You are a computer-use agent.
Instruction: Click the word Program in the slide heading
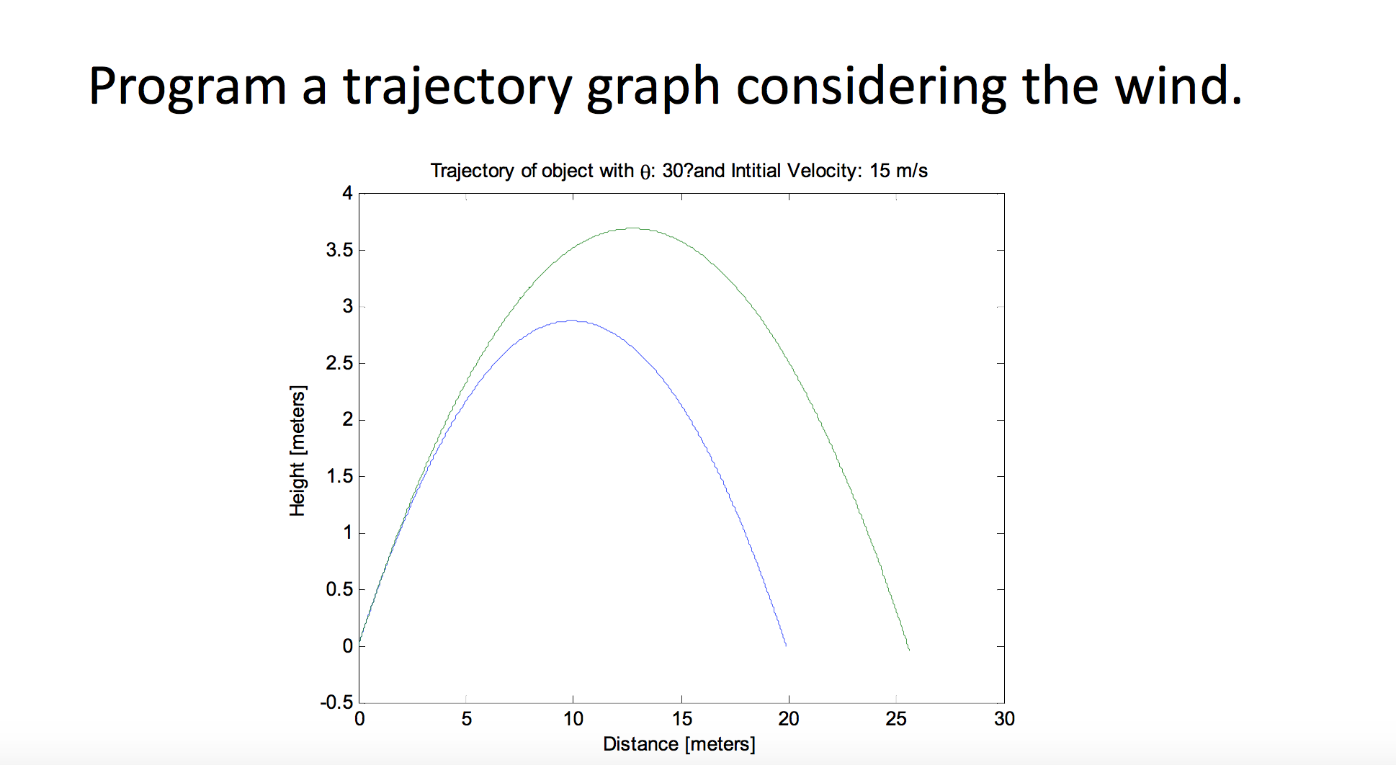187,87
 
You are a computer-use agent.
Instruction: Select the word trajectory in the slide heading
457,87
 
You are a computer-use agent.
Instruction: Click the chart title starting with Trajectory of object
678,171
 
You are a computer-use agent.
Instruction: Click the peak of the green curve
633,228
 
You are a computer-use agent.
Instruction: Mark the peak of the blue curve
571,321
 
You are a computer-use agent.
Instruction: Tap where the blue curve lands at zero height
785,645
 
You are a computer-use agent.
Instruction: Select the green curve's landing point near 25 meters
908,648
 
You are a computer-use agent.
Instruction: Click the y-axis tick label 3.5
339,250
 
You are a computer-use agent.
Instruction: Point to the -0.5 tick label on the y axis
337,702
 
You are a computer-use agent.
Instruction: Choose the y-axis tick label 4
348,193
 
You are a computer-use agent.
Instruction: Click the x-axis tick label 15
681,719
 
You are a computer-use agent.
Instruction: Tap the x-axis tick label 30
1003,719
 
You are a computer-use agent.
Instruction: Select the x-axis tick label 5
467,719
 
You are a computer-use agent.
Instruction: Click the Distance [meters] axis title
679,744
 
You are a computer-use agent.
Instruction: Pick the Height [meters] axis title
297,451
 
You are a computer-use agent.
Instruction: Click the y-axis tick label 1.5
339,476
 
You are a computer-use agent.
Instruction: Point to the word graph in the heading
653,87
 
